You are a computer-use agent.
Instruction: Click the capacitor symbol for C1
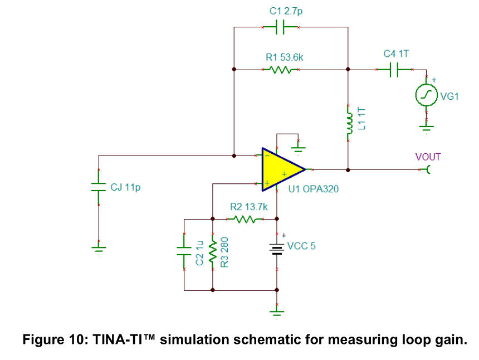[x=280, y=27]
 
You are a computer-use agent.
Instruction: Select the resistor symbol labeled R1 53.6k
[x=280, y=70]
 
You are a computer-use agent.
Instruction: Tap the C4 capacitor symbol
[x=394, y=70]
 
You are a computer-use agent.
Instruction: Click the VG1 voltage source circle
[x=427, y=95]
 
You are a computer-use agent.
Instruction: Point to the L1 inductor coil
[x=349, y=123]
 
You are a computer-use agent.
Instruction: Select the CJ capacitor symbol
[x=99, y=187]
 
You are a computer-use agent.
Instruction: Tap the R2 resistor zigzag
[x=245, y=219]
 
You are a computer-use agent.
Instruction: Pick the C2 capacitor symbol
[x=184, y=251]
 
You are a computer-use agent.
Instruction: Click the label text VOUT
[x=428, y=157]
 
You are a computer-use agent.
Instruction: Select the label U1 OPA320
[x=314, y=189]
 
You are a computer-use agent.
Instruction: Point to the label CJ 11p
[x=125, y=187]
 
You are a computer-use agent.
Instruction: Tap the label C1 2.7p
[x=286, y=11]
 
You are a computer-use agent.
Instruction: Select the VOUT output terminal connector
[x=428, y=169]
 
